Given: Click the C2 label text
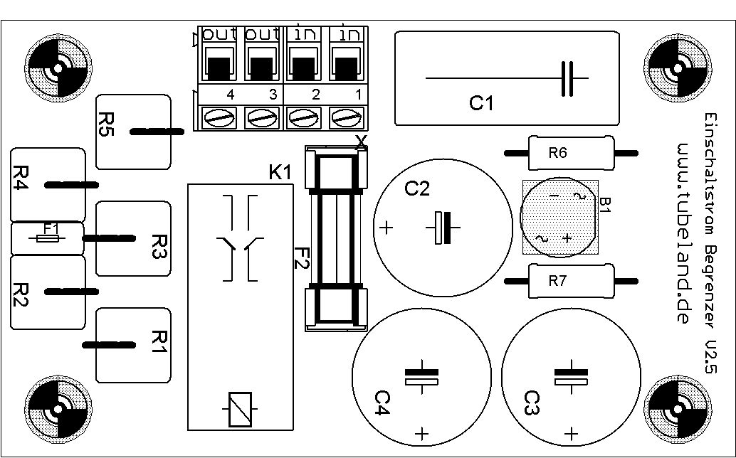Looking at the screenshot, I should tap(417, 189).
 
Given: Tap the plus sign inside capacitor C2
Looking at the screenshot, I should tap(386, 228).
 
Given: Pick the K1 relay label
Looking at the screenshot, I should tap(280, 172).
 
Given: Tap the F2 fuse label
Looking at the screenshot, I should tap(302, 257).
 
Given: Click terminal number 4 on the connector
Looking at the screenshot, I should tap(230, 94).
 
